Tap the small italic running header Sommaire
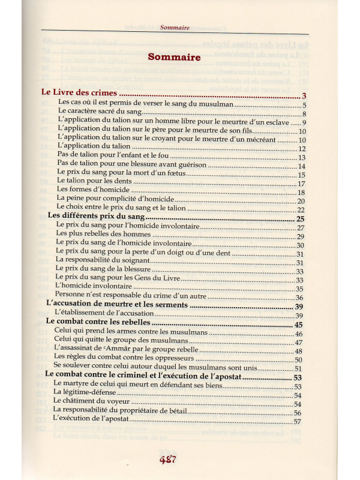(175, 28)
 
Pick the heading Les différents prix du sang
(95, 217)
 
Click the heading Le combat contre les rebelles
(98, 323)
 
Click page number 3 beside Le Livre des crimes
(304, 96)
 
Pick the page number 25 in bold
(301, 219)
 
